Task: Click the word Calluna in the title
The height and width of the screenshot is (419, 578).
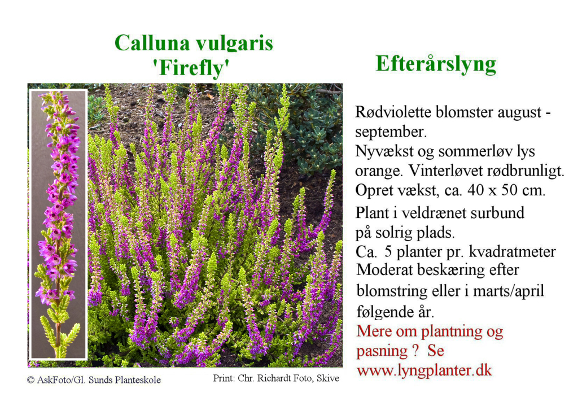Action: coord(152,43)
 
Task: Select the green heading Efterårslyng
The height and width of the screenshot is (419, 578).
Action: coord(436,64)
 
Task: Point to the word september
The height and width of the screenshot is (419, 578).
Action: coord(391,132)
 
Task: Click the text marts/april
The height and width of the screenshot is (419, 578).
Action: coord(509,291)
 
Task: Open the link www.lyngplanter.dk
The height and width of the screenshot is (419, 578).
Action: coord(424,370)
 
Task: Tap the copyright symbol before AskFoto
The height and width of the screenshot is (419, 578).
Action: coord(30,380)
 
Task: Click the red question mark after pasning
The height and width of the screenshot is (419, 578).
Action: coord(416,351)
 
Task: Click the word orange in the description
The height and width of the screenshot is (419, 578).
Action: coord(379,172)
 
